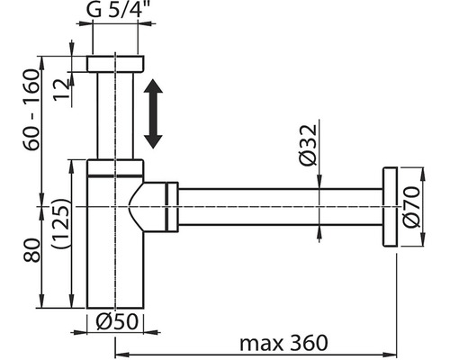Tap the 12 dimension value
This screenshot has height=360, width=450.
pyautogui.click(x=62, y=89)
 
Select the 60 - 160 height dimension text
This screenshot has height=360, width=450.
pyautogui.click(x=31, y=110)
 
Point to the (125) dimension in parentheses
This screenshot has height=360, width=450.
pyautogui.click(x=61, y=223)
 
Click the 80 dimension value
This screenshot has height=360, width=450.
pyautogui.click(x=31, y=251)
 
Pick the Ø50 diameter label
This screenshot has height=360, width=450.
pyautogui.click(x=117, y=321)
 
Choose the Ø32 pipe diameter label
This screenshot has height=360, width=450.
pyautogui.click(x=308, y=145)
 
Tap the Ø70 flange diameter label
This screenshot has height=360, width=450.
pyautogui.click(x=411, y=207)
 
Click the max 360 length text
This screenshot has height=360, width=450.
pyautogui.click(x=283, y=343)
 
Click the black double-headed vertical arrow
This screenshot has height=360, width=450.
pyautogui.click(x=153, y=113)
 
